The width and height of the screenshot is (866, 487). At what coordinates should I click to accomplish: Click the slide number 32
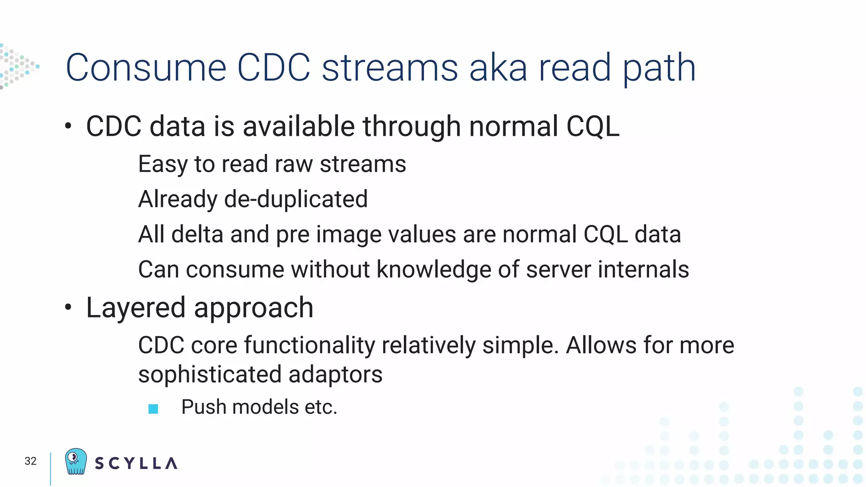pyautogui.click(x=30, y=461)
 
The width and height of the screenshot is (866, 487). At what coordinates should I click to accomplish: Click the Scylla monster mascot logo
pyautogui.click(x=76, y=461)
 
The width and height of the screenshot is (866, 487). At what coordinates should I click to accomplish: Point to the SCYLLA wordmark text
pyautogui.click(x=136, y=463)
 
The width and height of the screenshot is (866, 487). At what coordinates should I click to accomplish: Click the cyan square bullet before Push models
pyautogui.click(x=153, y=409)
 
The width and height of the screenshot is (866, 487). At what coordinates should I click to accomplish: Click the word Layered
pyautogui.click(x=136, y=308)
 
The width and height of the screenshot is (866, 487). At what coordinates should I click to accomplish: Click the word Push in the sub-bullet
pyautogui.click(x=204, y=407)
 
